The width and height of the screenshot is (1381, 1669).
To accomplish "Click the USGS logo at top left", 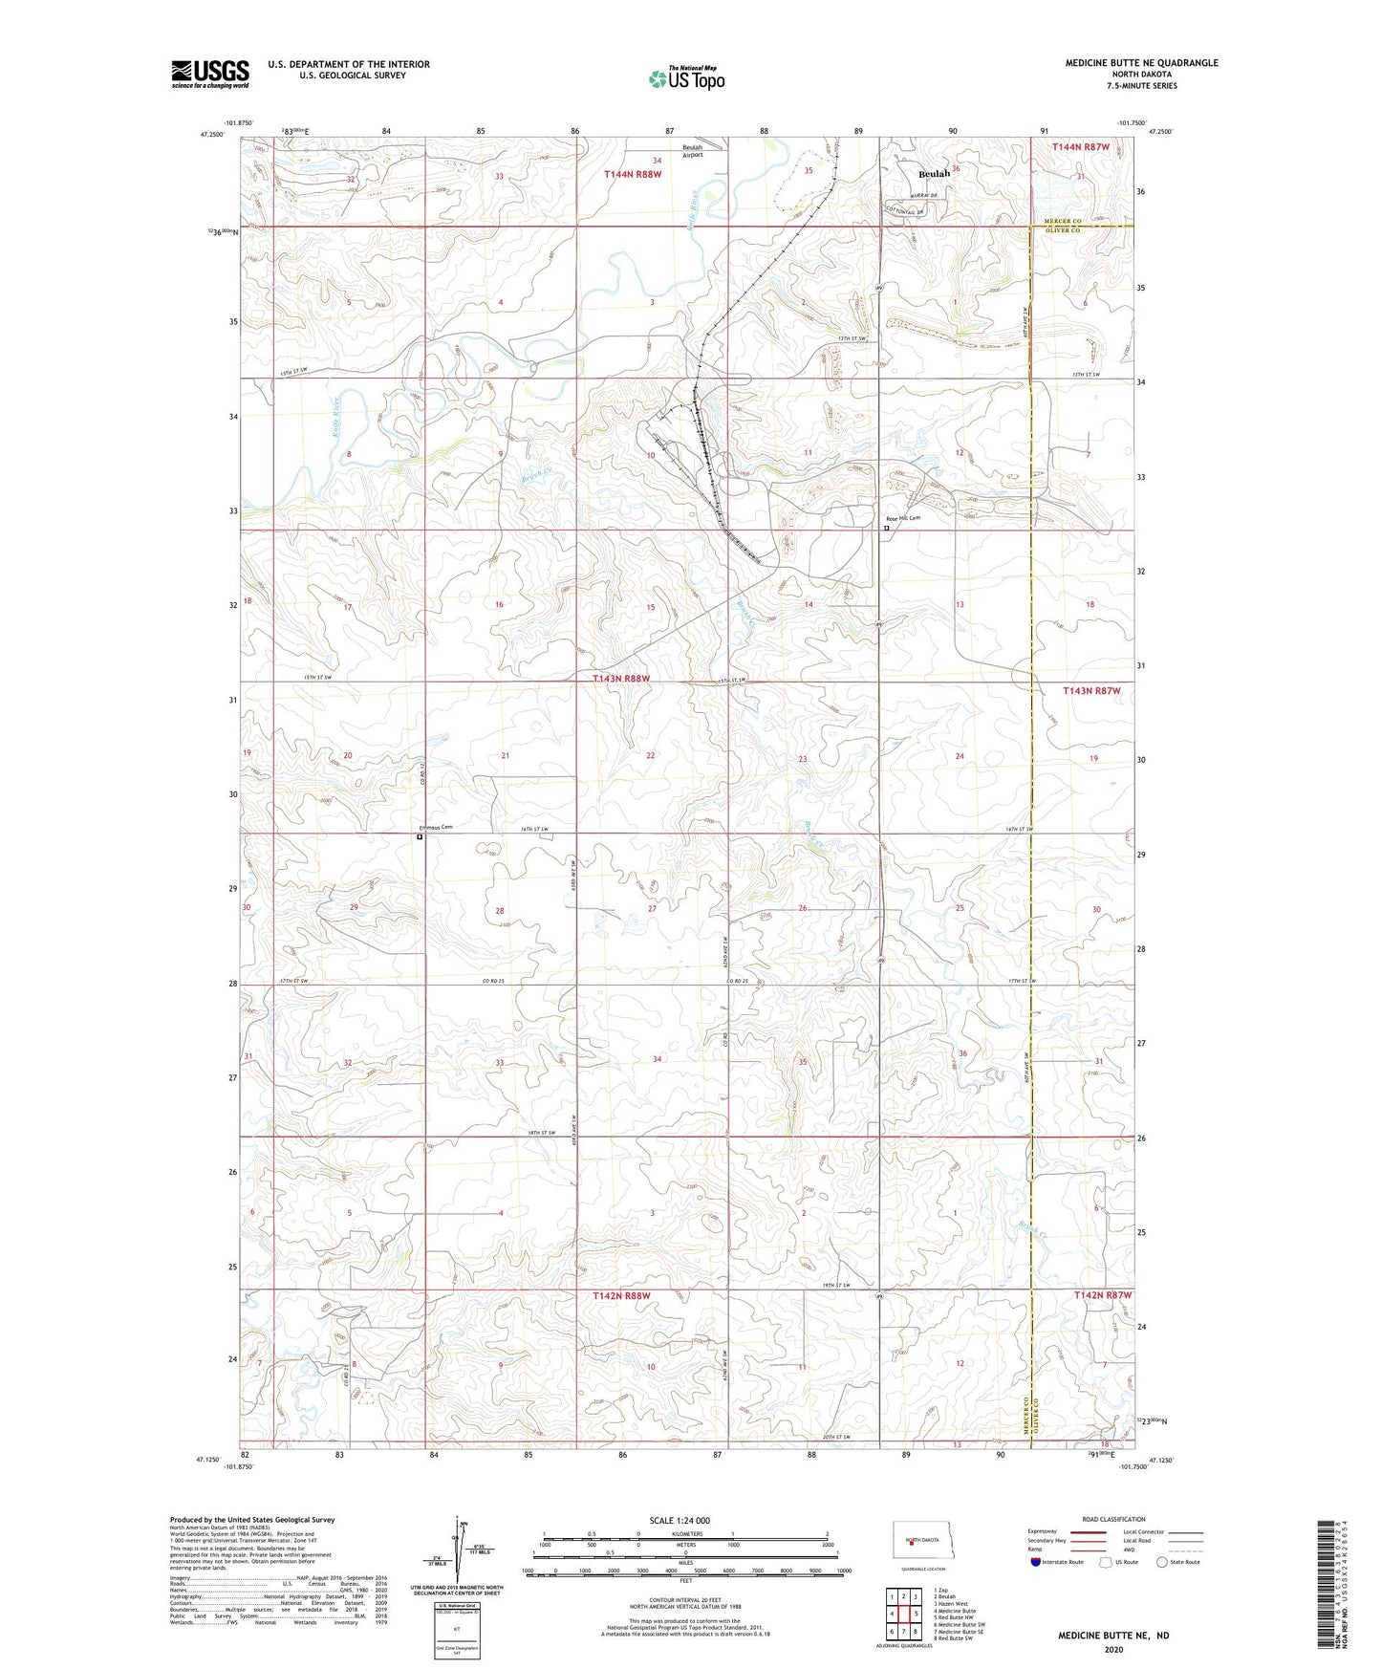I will click(210, 73).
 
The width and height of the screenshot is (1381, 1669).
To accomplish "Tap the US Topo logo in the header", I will click(686, 78).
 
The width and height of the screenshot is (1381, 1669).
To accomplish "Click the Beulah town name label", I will click(934, 174).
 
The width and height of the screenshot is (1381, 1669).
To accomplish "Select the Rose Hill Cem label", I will click(900, 518).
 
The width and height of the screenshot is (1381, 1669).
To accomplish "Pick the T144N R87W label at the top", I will click(1081, 147).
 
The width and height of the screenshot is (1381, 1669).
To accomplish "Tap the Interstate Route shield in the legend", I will click(1036, 1562).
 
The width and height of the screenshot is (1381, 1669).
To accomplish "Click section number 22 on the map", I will click(651, 755).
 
